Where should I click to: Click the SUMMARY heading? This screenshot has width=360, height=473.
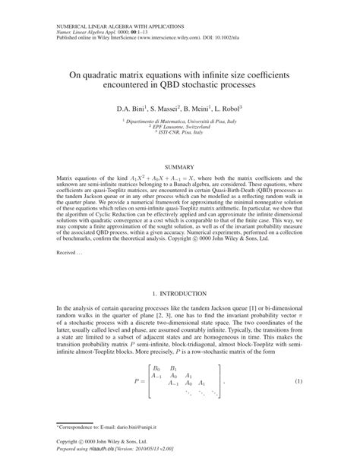pos(179,166)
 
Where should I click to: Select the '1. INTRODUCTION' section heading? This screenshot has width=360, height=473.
pos(179,292)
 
